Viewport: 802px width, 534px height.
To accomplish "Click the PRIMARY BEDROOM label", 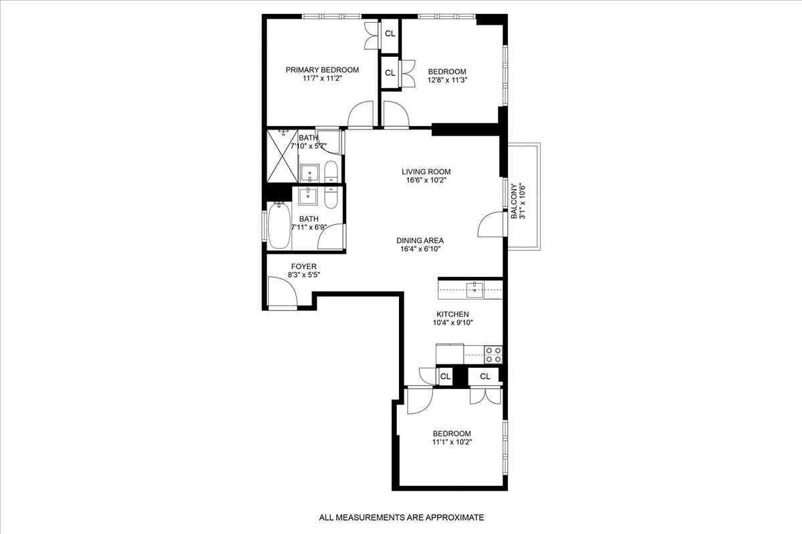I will point(322,70).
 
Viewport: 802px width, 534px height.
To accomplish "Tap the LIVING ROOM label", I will point(421,172).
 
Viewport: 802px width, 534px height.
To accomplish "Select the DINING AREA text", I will point(420,241).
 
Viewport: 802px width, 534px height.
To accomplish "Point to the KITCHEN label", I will point(452,314).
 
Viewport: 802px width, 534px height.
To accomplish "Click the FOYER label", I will point(285,266).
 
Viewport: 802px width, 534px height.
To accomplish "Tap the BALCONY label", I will point(514,201).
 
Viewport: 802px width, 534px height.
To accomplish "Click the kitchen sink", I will point(475,288).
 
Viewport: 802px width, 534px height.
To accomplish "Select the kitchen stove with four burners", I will point(493,354).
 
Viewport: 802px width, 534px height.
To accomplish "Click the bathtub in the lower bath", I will point(279,224).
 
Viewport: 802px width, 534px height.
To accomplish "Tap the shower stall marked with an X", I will point(281,156).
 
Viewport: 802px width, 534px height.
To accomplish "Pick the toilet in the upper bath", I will point(331,172).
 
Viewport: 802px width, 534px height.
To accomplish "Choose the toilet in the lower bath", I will point(330,197).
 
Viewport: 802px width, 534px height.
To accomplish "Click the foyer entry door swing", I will point(281,291).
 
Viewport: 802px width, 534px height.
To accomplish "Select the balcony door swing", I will point(491,224).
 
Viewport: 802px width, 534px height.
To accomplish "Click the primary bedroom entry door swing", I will point(361,114).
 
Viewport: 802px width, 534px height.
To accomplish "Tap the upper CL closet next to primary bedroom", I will point(390,33).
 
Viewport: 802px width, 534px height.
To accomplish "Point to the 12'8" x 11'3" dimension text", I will point(447,80).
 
